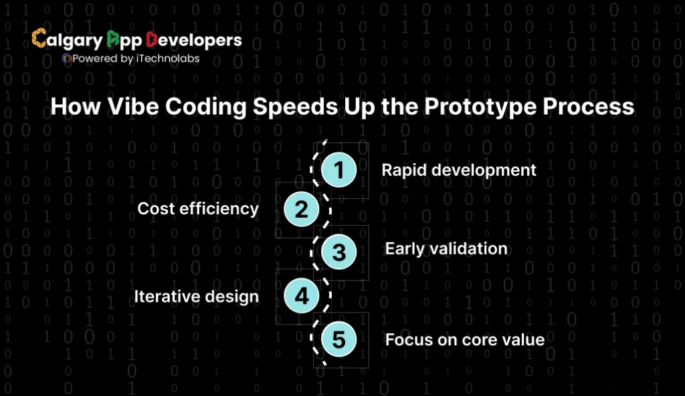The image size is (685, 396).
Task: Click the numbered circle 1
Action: (x=339, y=170)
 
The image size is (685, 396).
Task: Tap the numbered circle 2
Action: (x=302, y=210)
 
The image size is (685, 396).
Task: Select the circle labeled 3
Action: (x=339, y=252)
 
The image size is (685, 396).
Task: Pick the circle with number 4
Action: (x=302, y=295)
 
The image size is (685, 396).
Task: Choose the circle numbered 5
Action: (x=339, y=339)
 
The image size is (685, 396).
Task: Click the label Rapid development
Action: (x=459, y=170)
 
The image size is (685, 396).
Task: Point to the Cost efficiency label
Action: (x=198, y=209)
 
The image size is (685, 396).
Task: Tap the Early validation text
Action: (x=446, y=249)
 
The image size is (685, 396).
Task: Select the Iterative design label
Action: (x=196, y=296)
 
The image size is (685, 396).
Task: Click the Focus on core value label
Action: (x=465, y=339)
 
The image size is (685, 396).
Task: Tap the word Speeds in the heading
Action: (x=296, y=107)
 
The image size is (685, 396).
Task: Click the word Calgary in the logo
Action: (x=67, y=40)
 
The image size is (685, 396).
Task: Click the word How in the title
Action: (x=73, y=107)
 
